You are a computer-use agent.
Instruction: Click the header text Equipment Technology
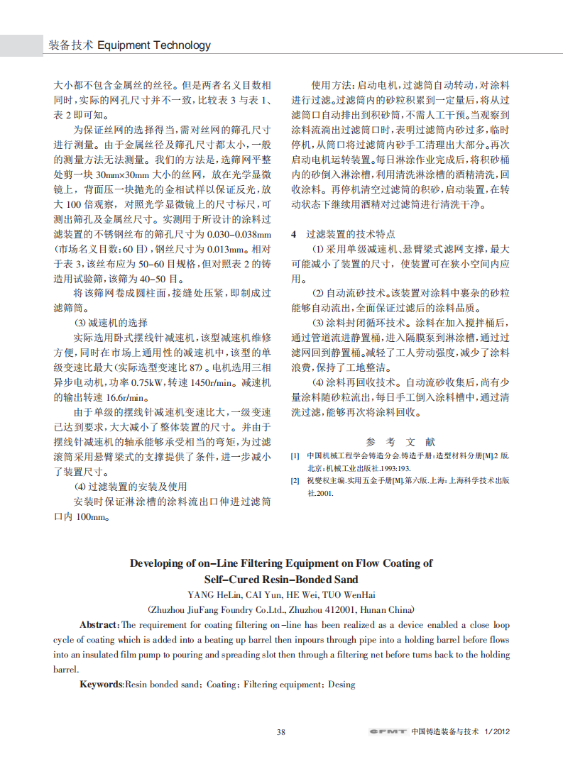[x=153, y=45]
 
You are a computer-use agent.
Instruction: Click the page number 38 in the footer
[x=281, y=731]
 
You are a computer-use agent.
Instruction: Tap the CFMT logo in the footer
[x=387, y=731]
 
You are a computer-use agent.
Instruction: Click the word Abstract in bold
[x=99, y=625]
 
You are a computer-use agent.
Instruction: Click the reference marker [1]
[x=295, y=455]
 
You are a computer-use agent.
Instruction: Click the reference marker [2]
[x=295, y=480]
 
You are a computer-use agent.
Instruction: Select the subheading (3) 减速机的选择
[x=111, y=322]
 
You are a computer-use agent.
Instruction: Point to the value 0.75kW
[x=148, y=382]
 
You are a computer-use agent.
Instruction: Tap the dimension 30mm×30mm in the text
[x=128, y=174]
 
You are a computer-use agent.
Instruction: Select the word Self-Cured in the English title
[x=239, y=579]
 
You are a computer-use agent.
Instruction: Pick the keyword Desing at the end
[x=339, y=685]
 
